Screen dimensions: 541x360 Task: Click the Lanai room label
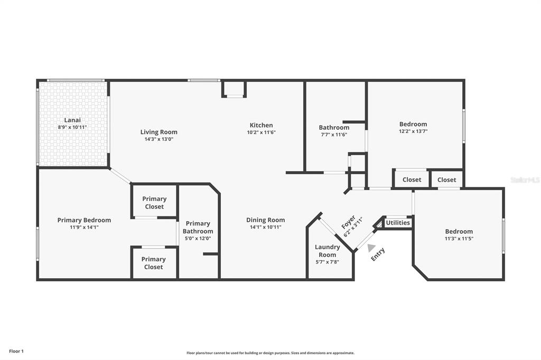coord(72,120)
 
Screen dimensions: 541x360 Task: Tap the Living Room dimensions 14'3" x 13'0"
coord(158,139)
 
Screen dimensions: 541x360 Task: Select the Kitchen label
coord(261,125)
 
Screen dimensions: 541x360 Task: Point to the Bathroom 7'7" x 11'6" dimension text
coord(334,135)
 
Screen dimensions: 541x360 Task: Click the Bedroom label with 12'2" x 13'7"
coord(413,124)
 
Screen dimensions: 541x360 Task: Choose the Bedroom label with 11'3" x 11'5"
coord(459,231)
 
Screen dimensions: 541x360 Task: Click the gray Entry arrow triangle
coord(371,248)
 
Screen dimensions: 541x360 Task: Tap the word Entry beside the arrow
coord(378,254)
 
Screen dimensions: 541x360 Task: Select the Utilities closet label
coord(398,223)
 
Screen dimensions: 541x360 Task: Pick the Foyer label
coord(348,222)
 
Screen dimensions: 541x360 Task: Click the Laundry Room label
coord(327,251)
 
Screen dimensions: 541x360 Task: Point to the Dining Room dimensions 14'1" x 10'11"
coord(266,227)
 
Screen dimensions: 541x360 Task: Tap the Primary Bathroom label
coord(198,227)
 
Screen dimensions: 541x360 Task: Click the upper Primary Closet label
coord(154,203)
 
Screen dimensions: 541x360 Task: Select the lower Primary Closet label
coord(154,263)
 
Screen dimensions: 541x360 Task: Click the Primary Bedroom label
coord(84,220)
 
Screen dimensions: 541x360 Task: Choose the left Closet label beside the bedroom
coord(412,179)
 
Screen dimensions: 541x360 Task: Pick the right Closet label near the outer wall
coord(447,179)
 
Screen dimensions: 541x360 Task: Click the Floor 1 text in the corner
coord(16,352)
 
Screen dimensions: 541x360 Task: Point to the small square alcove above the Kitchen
coord(234,89)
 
